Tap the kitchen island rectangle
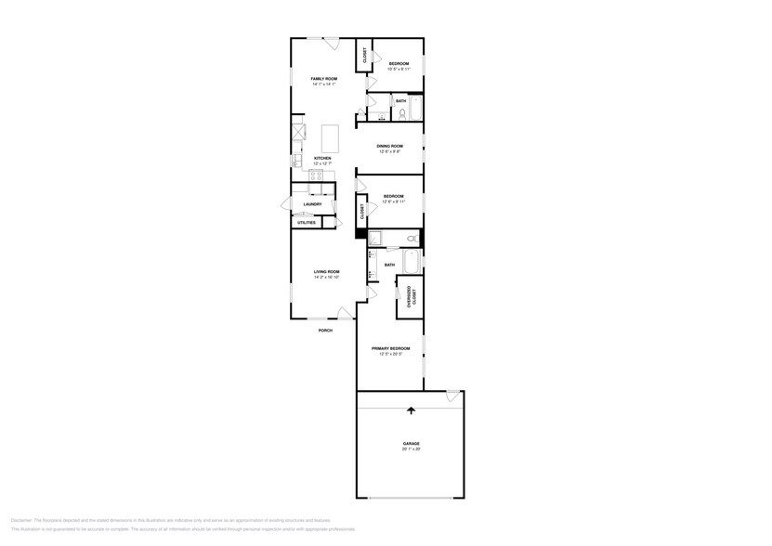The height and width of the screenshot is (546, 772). (330, 138)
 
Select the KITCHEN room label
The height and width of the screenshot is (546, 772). (322, 158)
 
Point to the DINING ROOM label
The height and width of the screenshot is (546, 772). (389, 146)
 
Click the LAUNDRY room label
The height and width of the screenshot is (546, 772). (312, 204)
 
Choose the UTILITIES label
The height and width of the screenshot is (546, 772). (306, 223)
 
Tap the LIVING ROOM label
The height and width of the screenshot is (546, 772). (326, 271)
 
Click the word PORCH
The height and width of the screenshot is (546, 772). (325, 331)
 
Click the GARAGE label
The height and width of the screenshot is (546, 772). (411, 444)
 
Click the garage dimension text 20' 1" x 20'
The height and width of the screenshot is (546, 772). (411, 449)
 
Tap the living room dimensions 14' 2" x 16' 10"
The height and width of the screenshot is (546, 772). (326, 277)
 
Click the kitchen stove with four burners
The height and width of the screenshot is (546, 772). (297, 131)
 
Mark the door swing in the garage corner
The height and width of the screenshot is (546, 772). (452, 396)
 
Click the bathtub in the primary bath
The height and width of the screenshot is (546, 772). (412, 261)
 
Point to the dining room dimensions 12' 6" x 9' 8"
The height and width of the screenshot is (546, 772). (389, 151)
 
